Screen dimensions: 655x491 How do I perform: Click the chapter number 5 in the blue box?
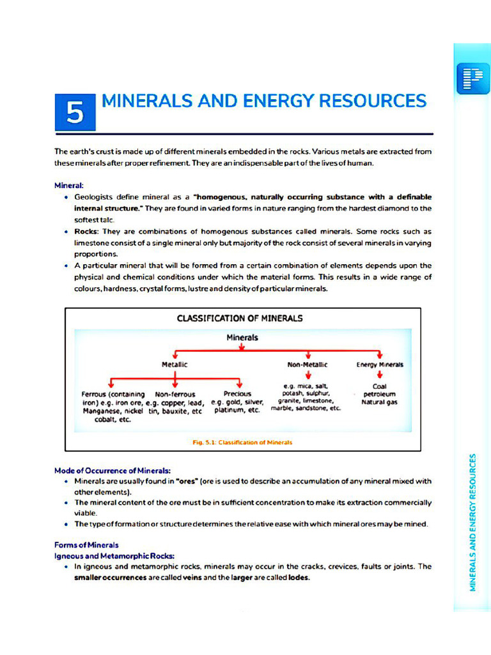(75, 113)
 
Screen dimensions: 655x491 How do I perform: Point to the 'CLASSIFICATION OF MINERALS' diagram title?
(240, 318)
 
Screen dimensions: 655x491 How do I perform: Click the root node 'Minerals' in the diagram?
(242, 337)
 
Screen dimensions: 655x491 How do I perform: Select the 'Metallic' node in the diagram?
(175, 364)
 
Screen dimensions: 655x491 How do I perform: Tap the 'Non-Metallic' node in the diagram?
(308, 364)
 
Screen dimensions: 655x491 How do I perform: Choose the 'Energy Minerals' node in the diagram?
(380, 364)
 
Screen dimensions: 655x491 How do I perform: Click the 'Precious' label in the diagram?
(237, 394)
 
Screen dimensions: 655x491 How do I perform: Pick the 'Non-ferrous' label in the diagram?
(175, 394)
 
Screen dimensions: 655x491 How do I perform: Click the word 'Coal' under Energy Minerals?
(379, 386)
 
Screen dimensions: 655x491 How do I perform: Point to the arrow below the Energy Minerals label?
(380, 375)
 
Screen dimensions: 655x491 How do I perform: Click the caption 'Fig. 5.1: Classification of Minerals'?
(242, 441)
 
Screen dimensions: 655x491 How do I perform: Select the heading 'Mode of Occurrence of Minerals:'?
(112, 470)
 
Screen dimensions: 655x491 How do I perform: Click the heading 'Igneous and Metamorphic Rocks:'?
(114, 556)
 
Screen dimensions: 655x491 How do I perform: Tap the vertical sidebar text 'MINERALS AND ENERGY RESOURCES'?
(473, 523)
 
